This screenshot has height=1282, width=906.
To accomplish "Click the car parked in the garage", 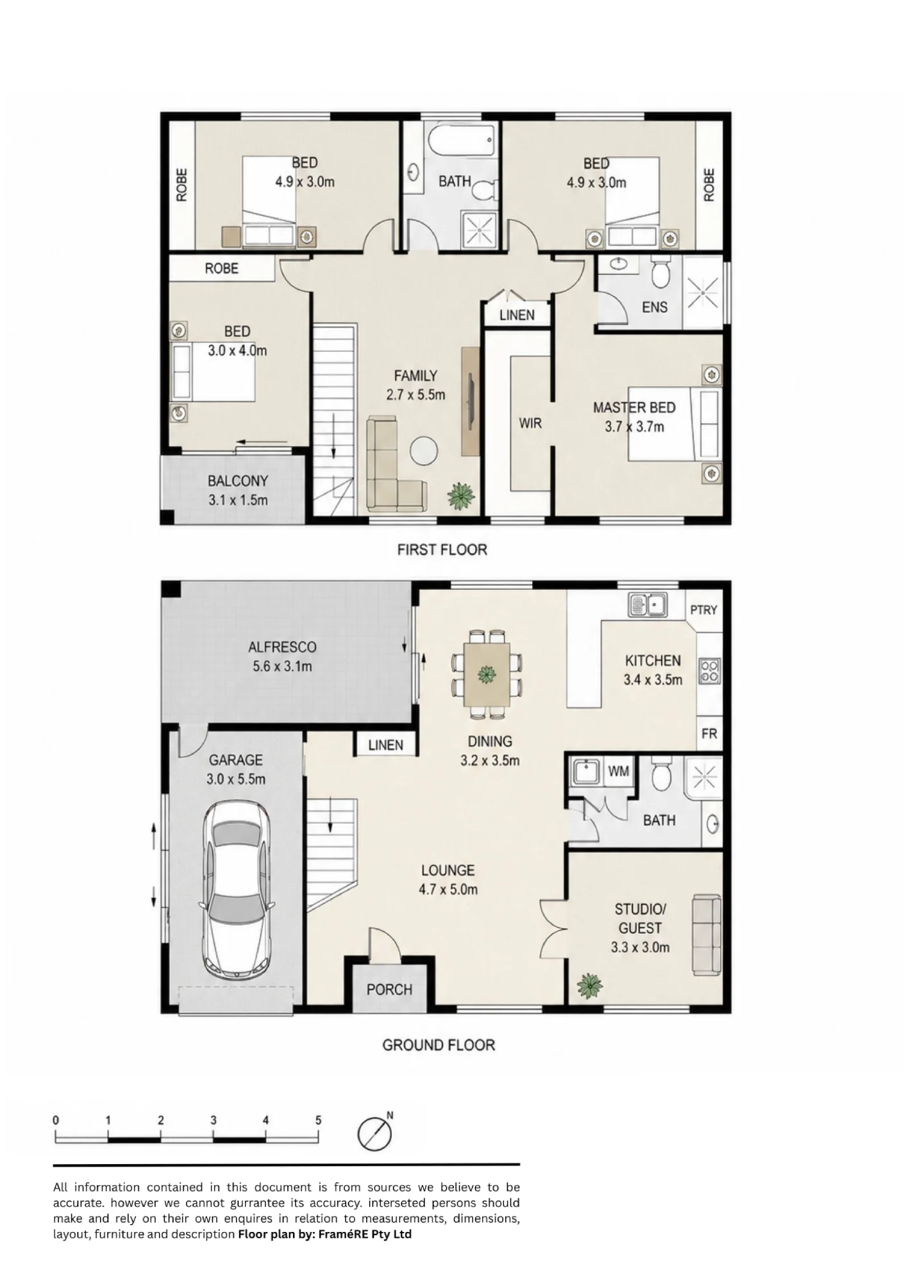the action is point(237,891).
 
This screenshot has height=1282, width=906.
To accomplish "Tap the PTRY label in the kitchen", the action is point(703,610).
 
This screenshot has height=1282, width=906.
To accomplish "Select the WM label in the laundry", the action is point(618,771).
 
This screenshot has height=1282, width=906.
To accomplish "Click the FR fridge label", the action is point(709,733).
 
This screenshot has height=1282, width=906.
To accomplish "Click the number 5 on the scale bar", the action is point(318,1120).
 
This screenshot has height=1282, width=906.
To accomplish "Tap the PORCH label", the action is point(389,990).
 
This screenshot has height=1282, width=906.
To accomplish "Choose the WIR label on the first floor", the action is point(530,423).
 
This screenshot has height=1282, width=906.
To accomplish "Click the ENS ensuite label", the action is point(655,307).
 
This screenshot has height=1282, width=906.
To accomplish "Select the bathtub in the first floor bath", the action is point(462,140).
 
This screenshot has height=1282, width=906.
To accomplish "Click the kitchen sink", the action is point(647,604).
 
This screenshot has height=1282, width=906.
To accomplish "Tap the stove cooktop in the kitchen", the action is point(710,670).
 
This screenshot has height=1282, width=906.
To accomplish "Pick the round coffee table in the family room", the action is point(424,449).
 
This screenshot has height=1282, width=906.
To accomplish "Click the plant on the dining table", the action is point(487,674).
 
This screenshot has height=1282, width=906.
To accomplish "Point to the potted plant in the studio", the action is point(589,986).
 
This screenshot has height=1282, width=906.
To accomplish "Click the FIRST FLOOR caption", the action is point(442,549).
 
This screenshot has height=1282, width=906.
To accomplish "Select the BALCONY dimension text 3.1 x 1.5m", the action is point(238,500).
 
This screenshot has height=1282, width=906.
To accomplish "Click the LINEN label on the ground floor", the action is point(386,745).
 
